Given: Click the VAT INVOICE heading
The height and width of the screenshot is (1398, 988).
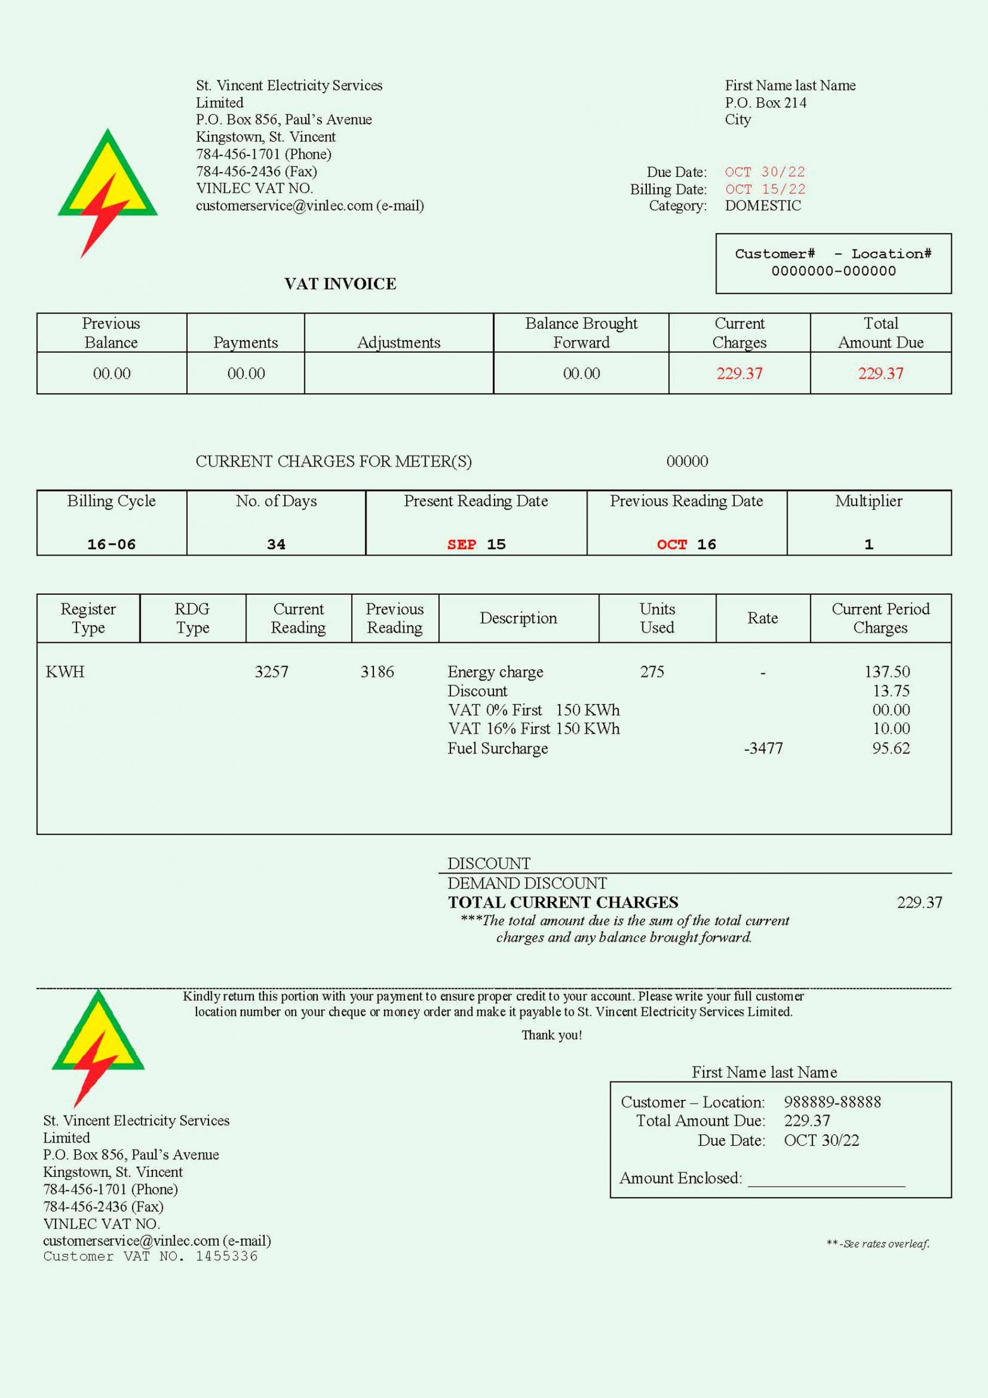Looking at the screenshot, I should pos(340,284).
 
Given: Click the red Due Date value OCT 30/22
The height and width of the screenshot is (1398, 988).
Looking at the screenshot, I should pos(765,171).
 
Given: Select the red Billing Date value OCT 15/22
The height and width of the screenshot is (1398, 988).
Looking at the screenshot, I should pos(765,189).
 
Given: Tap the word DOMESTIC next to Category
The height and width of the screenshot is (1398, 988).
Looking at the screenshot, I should pos(763,206).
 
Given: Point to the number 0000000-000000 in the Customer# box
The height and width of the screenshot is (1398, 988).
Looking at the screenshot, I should pos(834,271).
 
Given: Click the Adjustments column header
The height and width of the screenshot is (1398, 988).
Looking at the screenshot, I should pos(398,342).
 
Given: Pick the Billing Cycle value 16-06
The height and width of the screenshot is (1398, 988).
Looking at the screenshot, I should pos(111,544).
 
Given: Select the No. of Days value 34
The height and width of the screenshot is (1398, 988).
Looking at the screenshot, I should pos(276,544).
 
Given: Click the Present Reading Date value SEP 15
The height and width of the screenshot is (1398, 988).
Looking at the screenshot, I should pos(476,544).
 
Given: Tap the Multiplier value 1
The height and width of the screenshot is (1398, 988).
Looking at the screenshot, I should pos(868,544).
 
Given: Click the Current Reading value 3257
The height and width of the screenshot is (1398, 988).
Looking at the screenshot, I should pos(271,672).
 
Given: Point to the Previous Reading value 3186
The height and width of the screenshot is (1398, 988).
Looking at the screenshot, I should pos(377,672).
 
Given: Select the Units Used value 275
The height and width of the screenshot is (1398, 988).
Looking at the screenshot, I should pos(652,672).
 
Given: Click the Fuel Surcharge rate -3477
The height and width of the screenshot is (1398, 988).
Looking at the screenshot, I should pos(763,748).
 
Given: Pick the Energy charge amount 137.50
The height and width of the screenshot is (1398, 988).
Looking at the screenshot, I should pos(887,672).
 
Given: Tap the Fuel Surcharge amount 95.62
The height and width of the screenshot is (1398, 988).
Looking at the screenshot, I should pos(891,748).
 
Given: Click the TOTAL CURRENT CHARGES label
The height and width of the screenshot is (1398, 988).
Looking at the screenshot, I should pos(563,902).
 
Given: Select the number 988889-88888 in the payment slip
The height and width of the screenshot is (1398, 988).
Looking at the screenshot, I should pos(832,1101).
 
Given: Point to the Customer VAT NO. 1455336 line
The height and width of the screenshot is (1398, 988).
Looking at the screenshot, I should pos(150,1256).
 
